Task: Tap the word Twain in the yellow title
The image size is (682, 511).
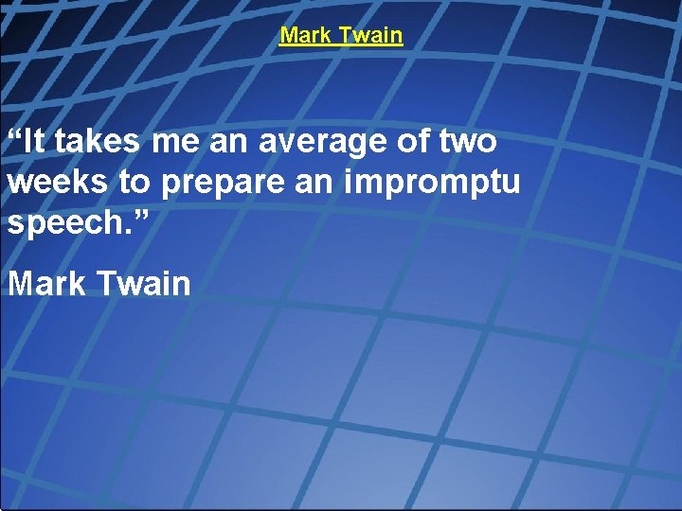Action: (371, 36)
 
